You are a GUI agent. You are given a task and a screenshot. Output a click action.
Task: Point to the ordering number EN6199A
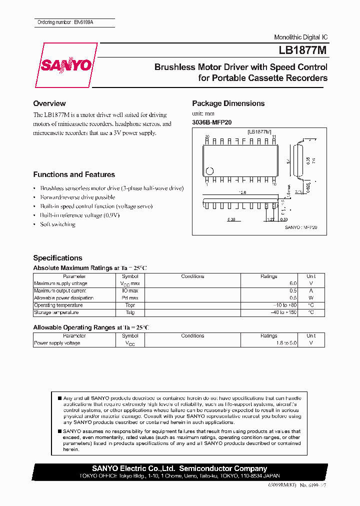(x=83, y=22)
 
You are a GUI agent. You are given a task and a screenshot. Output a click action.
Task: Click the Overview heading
(x=49, y=103)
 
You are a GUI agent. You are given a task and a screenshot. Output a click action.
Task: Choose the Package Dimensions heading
(x=228, y=103)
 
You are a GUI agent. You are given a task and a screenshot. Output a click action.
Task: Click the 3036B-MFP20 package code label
(x=212, y=122)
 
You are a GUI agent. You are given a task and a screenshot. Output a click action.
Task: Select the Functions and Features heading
(x=74, y=174)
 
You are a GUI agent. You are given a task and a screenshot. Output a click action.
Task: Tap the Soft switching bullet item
(x=57, y=224)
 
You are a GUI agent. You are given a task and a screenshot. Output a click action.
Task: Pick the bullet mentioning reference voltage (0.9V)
(x=80, y=215)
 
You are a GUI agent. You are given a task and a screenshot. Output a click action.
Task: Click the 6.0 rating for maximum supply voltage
(x=292, y=283)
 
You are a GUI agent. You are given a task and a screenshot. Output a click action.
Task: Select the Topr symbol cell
(x=130, y=305)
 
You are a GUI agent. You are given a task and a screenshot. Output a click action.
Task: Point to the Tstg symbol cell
(x=130, y=312)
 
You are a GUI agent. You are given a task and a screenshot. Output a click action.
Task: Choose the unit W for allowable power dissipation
(x=311, y=298)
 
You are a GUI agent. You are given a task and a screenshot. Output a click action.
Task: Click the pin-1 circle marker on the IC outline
(x=210, y=169)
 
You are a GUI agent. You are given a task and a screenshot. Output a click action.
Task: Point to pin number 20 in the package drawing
(x=207, y=136)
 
